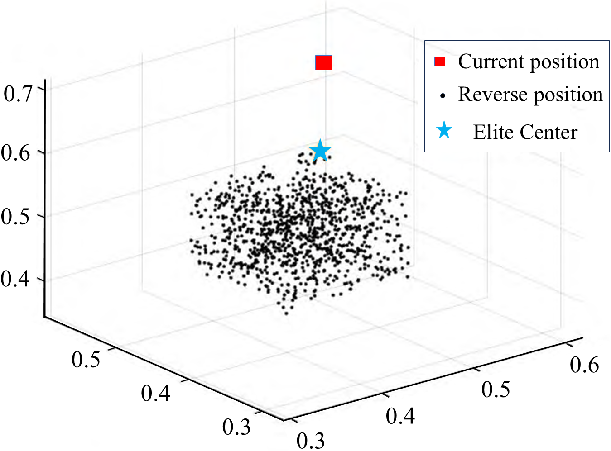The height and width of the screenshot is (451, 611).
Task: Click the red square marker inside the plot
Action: point(323,62)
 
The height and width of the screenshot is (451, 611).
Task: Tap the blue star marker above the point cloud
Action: point(320,151)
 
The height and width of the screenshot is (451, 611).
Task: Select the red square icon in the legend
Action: point(439,62)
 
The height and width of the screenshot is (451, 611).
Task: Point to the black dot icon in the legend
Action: point(443,95)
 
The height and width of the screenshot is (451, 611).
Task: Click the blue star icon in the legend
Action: point(444,131)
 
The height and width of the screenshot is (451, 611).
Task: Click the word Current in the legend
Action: point(490,62)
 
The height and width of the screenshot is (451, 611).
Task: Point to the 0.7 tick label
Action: point(18,94)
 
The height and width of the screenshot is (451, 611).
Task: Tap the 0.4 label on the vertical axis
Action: point(16,279)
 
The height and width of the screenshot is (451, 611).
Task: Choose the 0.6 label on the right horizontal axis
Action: point(584,364)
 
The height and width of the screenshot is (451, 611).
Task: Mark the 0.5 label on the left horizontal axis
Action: point(86,359)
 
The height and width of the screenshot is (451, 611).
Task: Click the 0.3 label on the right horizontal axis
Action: point(311,440)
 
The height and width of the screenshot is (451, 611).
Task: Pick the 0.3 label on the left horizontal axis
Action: point(236,426)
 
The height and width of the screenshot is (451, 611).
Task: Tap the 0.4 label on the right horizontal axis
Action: point(400,415)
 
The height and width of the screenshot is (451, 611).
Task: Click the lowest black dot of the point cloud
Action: point(286,313)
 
